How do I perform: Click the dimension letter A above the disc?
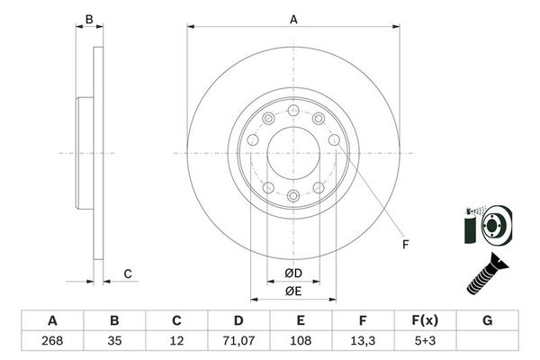pyautogui.click(x=293, y=19)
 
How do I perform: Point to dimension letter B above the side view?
pyautogui.click(x=88, y=19)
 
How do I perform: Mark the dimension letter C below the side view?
pyautogui.click(x=128, y=274)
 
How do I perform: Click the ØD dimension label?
pyautogui.click(x=293, y=274)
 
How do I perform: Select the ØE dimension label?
pyautogui.click(x=293, y=290)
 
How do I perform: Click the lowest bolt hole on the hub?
pyautogui.click(x=293, y=195)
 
